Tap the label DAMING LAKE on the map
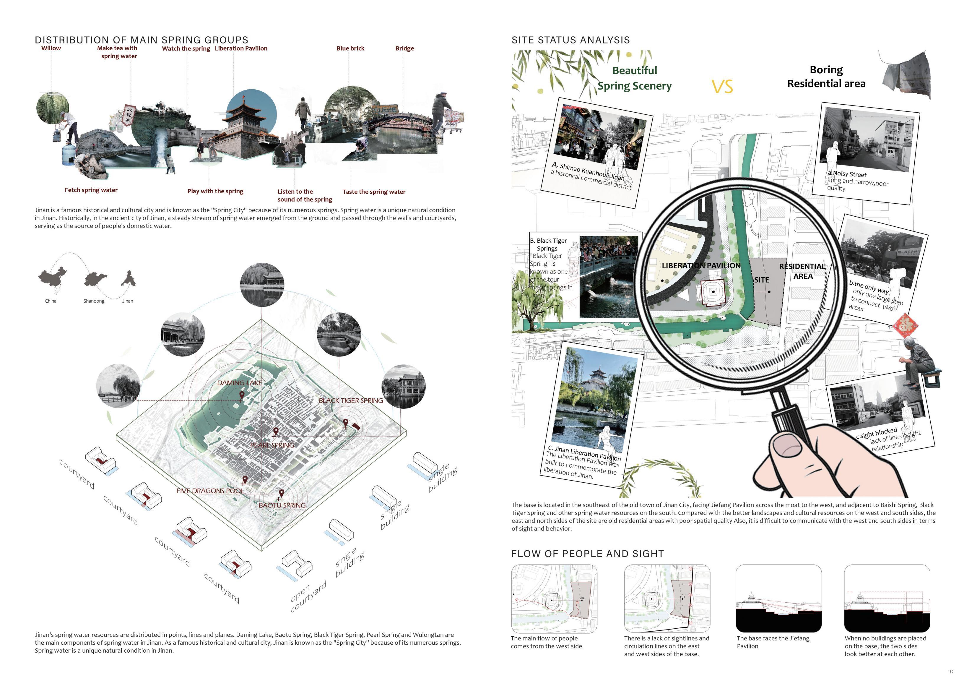(x=240, y=383)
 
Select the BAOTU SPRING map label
(x=282, y=505)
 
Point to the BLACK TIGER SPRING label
(x=351, y=401)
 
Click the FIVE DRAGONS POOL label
(x=210, y=491)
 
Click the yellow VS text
(x=722, y=87)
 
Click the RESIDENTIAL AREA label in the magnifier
(x=802, y=271)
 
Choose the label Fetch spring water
(x=91, y=190)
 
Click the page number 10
(x=950, y=671)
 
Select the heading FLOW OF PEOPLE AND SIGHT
(x=587, y=554)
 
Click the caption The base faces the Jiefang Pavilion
(x=773, y=642)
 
